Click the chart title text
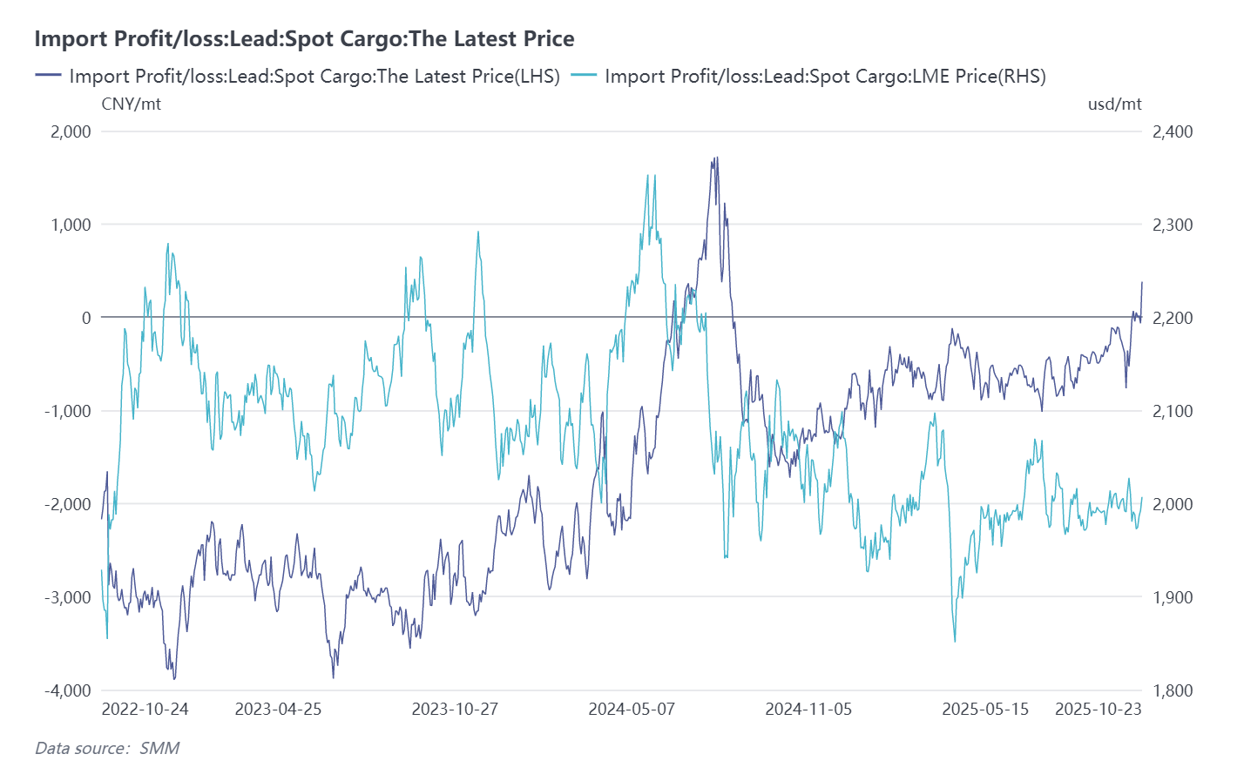[x=304, y=39]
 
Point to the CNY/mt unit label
[x=131, y=104]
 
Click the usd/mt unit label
[x=1114, y=104]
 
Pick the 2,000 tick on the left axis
[x=71, y=131]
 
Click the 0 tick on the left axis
[x=85, y=318]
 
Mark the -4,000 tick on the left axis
[x=68, y=690]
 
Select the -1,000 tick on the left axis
[x=68, y=411]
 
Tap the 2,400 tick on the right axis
[x=1172, y=131]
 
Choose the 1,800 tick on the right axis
[x=1172, y=690]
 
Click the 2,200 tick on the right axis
[x=1172, y=318]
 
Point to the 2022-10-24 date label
[x=145, y=710]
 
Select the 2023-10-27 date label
[x=455, y=710]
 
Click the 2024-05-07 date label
[x=632, y=710]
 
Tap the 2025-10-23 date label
[x=1098, y=710]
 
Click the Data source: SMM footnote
[x=107, y=748]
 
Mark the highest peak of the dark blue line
[x=716, y=158]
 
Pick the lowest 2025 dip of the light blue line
[x=955, y=642]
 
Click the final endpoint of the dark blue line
[x=1142, y=282]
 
